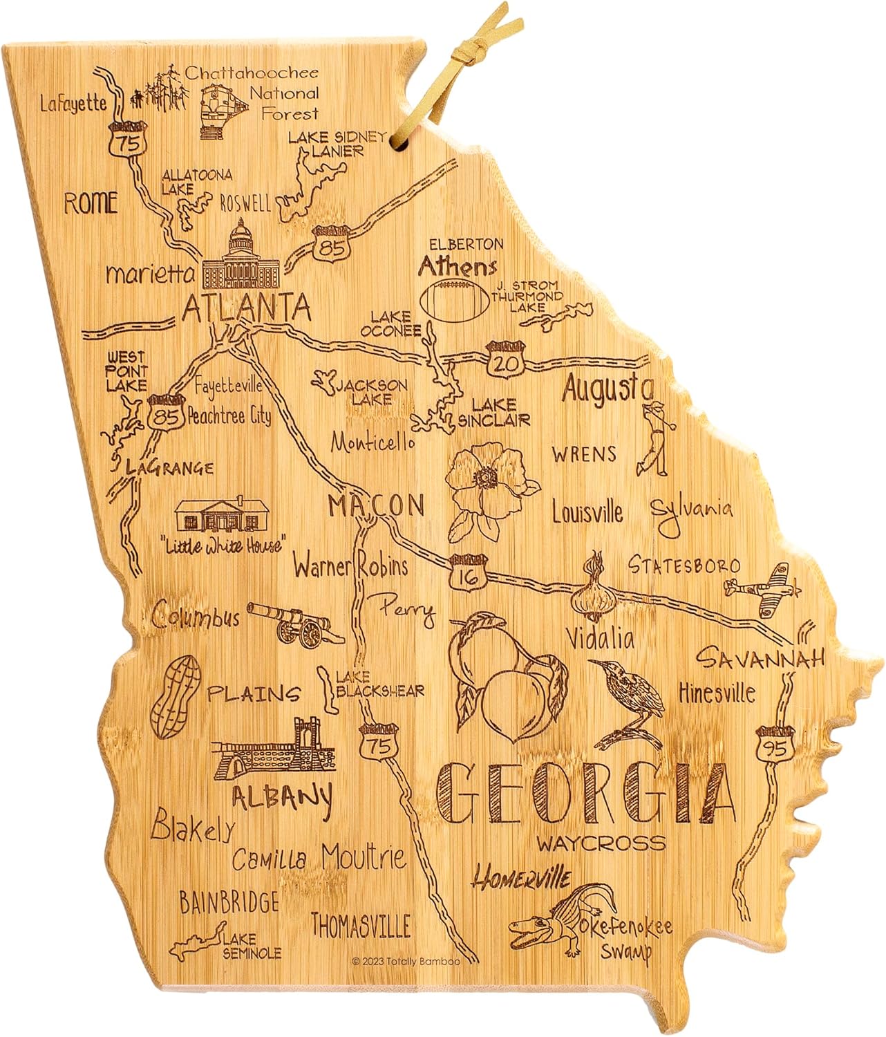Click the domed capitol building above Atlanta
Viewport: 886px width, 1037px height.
[241, 256]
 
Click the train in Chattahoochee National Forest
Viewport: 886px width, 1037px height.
[225, 110]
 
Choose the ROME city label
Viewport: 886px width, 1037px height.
[91, 203]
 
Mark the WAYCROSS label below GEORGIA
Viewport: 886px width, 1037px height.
[601, 843]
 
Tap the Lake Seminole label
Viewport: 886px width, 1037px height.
[251, 946]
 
